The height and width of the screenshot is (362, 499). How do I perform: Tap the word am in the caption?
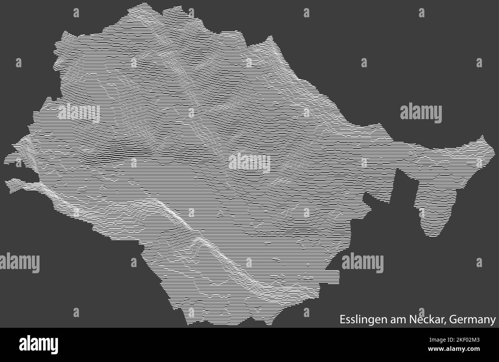click(x=393, y=320)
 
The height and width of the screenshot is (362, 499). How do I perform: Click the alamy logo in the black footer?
click(x=38, y=344)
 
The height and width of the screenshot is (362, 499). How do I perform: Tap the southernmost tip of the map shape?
click(x=188, y=324)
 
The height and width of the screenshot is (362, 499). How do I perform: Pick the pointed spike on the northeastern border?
click(x=271, y=37)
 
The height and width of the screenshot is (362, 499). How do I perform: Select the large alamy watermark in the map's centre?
click(x=249, y=163)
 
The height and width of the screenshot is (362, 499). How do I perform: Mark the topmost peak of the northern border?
click(x=144, y=4)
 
